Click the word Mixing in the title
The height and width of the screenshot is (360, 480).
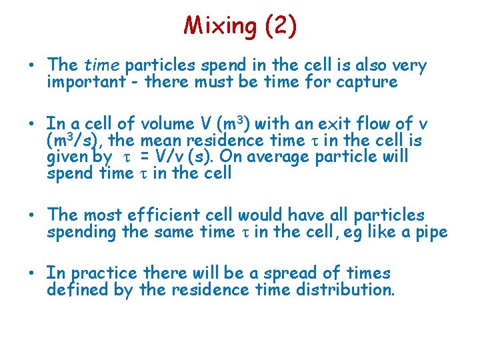[220, 26]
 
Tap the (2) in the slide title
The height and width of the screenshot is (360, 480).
[280, 26]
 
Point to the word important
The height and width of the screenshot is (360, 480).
[86, 82]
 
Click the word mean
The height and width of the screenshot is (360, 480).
[159, 140]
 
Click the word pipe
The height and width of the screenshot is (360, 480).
[432, 232]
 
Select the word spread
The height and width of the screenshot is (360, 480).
[277, 273]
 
